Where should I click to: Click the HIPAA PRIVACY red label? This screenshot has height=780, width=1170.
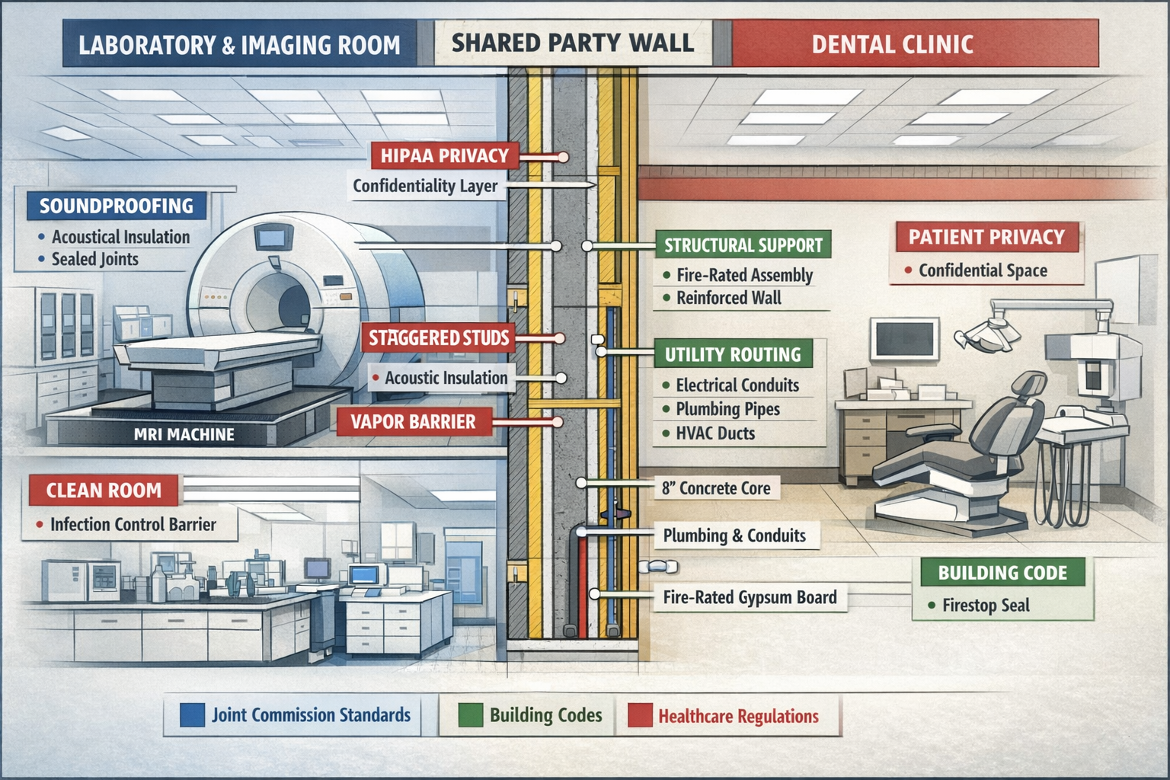tap(445, 156)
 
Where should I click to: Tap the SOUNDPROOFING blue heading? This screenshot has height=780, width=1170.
tap(117, 206)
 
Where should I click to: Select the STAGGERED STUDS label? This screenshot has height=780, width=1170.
tap(439, 337)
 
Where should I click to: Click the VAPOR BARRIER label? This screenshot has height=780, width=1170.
tap(413, 422)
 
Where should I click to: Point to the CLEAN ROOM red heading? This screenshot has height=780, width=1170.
tap(104, 490)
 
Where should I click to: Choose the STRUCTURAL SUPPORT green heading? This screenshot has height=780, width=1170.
tap(743, 245)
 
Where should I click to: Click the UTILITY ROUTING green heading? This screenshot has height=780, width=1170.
tap(733, 354)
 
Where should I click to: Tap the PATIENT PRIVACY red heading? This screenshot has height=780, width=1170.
tap(986, 237)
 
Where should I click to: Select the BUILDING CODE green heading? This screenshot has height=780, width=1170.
tap(1002, 573)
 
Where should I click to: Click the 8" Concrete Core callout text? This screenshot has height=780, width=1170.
tap(716, 488)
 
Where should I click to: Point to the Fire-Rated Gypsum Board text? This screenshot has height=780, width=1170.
tap(750, 597)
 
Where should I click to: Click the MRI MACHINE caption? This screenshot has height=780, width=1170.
tap(184, 434)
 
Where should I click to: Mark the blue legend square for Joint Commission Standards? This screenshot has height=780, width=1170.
tap(192, 714)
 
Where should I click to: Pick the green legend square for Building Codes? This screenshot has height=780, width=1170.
tap(470, 715)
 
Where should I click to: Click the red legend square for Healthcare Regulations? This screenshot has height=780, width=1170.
tap(640, 716)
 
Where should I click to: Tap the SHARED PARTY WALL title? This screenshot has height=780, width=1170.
tap(573, 43)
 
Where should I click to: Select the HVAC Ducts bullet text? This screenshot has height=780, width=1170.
tap(715, 433)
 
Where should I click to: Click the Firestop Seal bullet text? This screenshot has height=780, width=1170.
tap(986, 606)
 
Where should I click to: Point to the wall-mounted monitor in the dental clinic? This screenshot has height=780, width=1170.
tap(904, 338)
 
